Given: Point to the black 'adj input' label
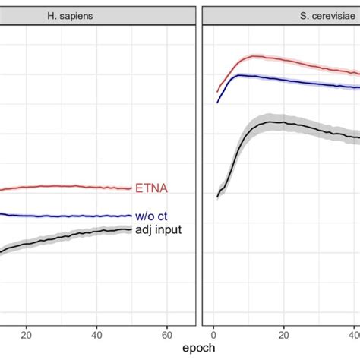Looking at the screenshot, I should coord(158,229).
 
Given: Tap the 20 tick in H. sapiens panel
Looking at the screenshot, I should coord(27,333).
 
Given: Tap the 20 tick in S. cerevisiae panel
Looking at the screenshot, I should coord(283,333).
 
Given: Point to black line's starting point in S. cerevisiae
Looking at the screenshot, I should coord(217,197).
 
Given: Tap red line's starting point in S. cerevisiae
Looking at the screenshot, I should coord(217,90).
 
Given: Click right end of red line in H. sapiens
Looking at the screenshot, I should coord(131,188).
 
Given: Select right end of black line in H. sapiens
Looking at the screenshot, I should coord(131,229).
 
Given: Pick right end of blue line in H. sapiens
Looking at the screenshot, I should coord(131,216).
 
